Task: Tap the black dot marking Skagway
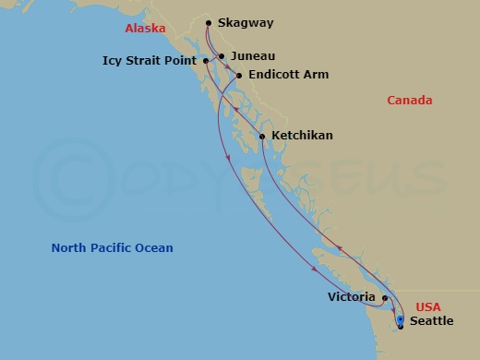[209, 23]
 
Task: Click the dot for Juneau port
[221, 56]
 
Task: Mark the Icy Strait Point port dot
[205, 61]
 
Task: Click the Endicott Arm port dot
[239, 75]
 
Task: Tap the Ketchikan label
[302, 136]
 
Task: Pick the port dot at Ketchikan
[262, 137]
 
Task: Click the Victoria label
[352, 297]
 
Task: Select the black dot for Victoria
[385, 298]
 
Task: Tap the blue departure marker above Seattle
[400, 319]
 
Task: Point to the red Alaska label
[145, 29]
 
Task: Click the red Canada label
[410, 101]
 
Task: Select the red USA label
[427, 306]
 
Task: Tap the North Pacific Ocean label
[113, 247]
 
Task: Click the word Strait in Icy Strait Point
[150, 61]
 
